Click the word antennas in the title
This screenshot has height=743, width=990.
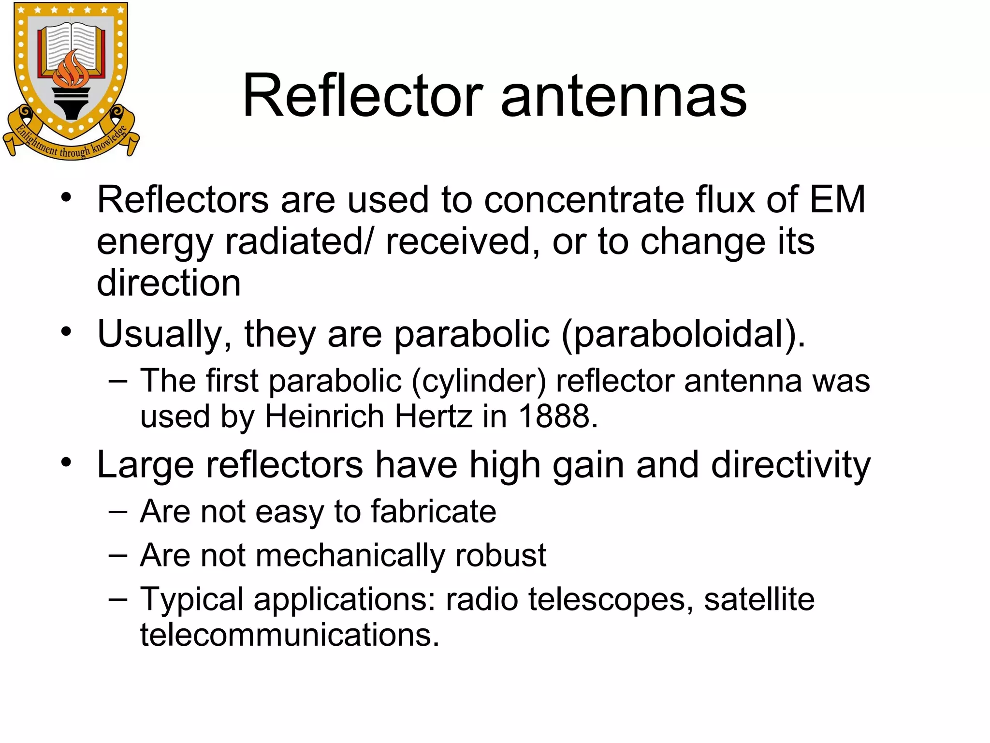(624, 97)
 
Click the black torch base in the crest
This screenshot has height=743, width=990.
(72, 104)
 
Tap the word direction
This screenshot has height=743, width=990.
(169, 282)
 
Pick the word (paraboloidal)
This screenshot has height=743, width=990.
(683, 334)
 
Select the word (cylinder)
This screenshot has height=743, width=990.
(479, 381)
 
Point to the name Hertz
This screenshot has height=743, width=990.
(433, 416)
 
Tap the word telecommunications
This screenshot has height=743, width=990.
(290, 635)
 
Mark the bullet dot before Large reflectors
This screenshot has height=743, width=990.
(67, 462)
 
